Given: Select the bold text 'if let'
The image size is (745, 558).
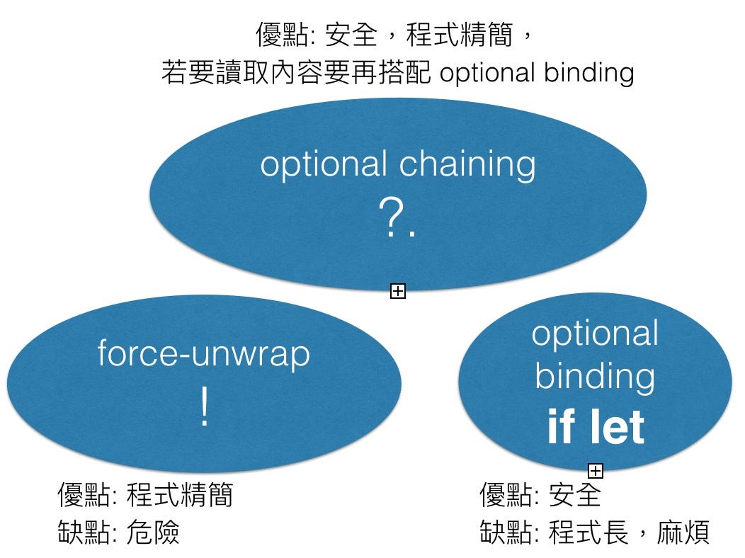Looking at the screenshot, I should (596, 427).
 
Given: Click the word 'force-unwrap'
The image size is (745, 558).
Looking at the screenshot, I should (204, 353).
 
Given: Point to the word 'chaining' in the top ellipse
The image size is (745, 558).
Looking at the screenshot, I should (467, 165).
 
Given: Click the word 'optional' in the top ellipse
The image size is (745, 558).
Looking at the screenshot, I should (323, 165).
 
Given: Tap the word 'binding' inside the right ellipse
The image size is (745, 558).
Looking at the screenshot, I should (595, 377).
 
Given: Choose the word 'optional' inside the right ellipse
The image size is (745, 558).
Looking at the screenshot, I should (595, 334).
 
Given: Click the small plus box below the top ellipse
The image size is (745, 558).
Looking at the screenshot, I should (398, 290).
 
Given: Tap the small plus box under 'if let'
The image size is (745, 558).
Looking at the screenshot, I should (596, 469).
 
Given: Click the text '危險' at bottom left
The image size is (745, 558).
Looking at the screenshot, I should (154, 532).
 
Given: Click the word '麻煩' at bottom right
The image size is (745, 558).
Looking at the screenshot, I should (683, 532).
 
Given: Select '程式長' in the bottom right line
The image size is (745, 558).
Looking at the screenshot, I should (588, 532).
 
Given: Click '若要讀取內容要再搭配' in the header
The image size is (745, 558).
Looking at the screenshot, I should (295, 72).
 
